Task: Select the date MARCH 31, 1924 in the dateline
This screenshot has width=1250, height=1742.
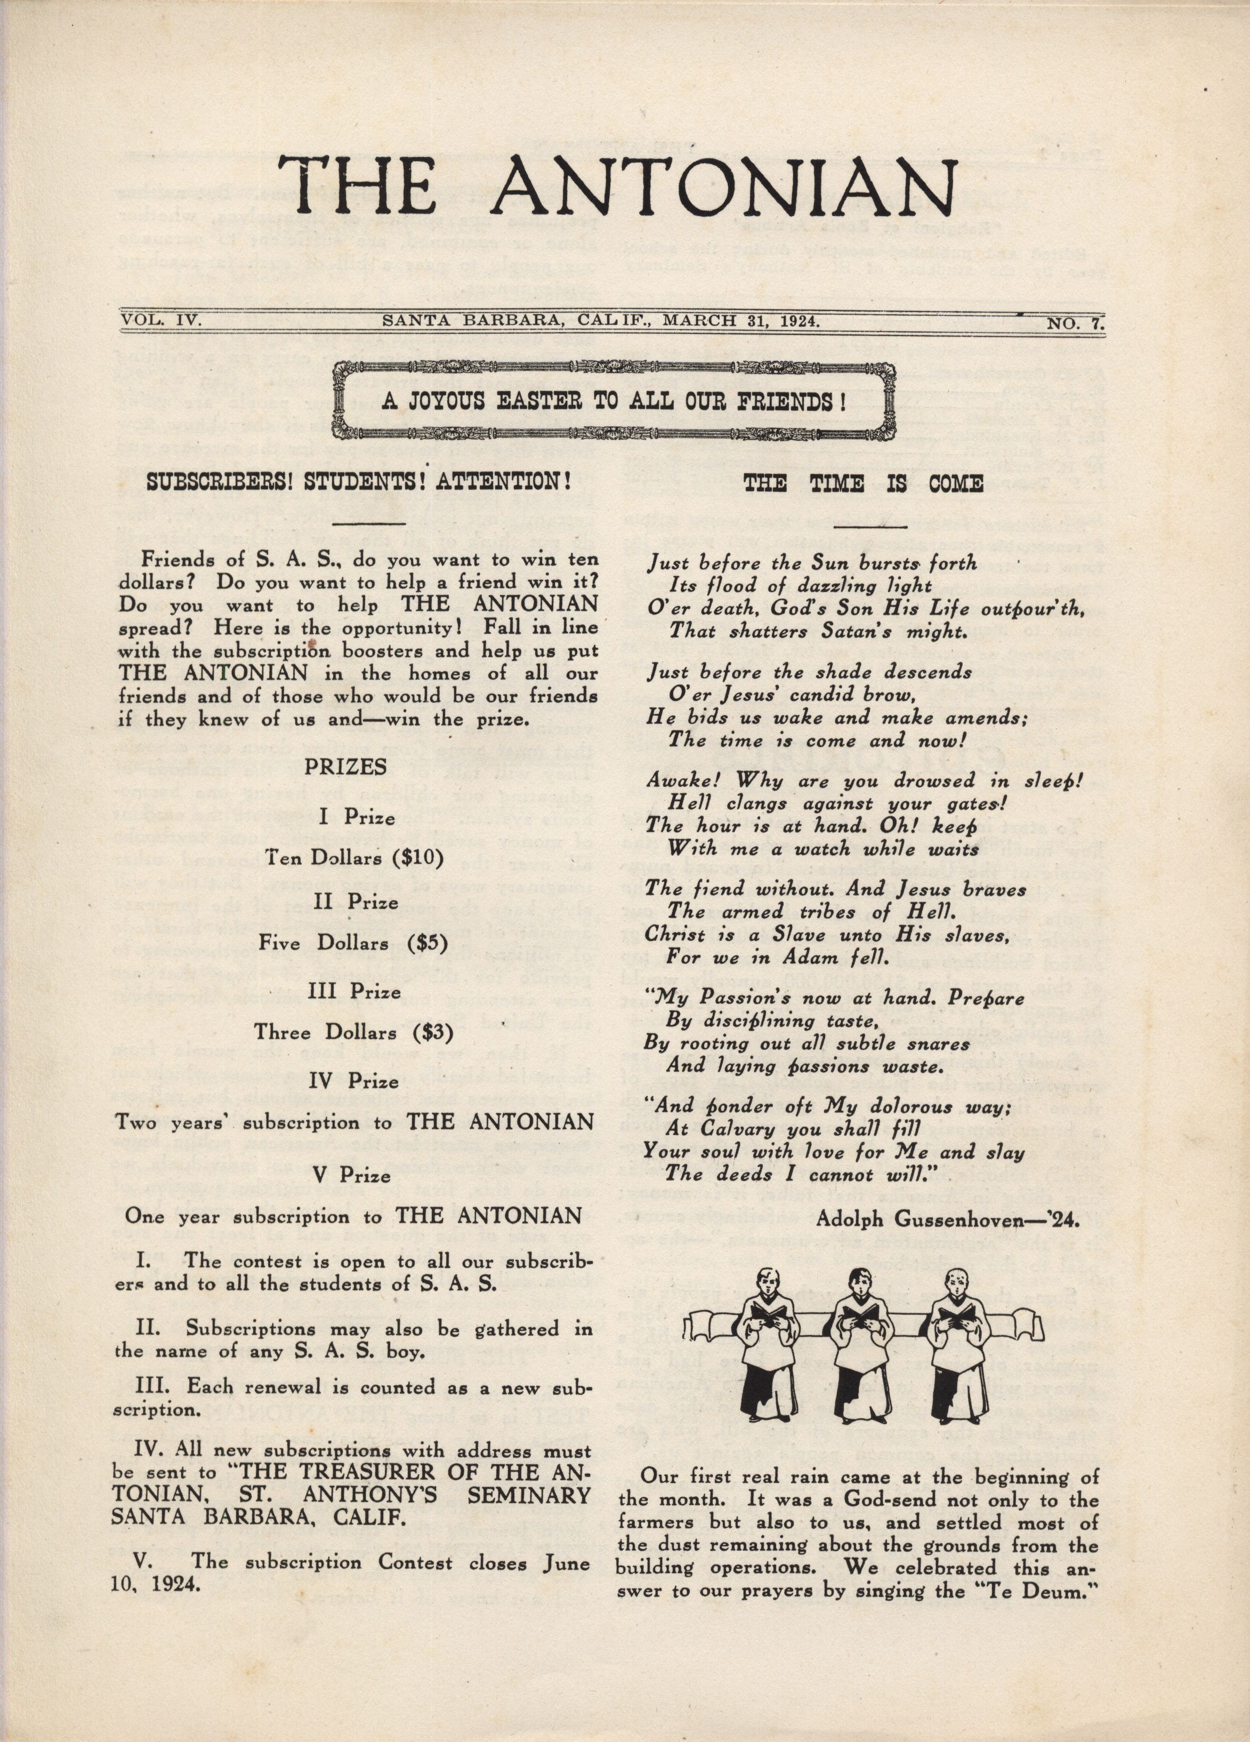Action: (x=740, y=321)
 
